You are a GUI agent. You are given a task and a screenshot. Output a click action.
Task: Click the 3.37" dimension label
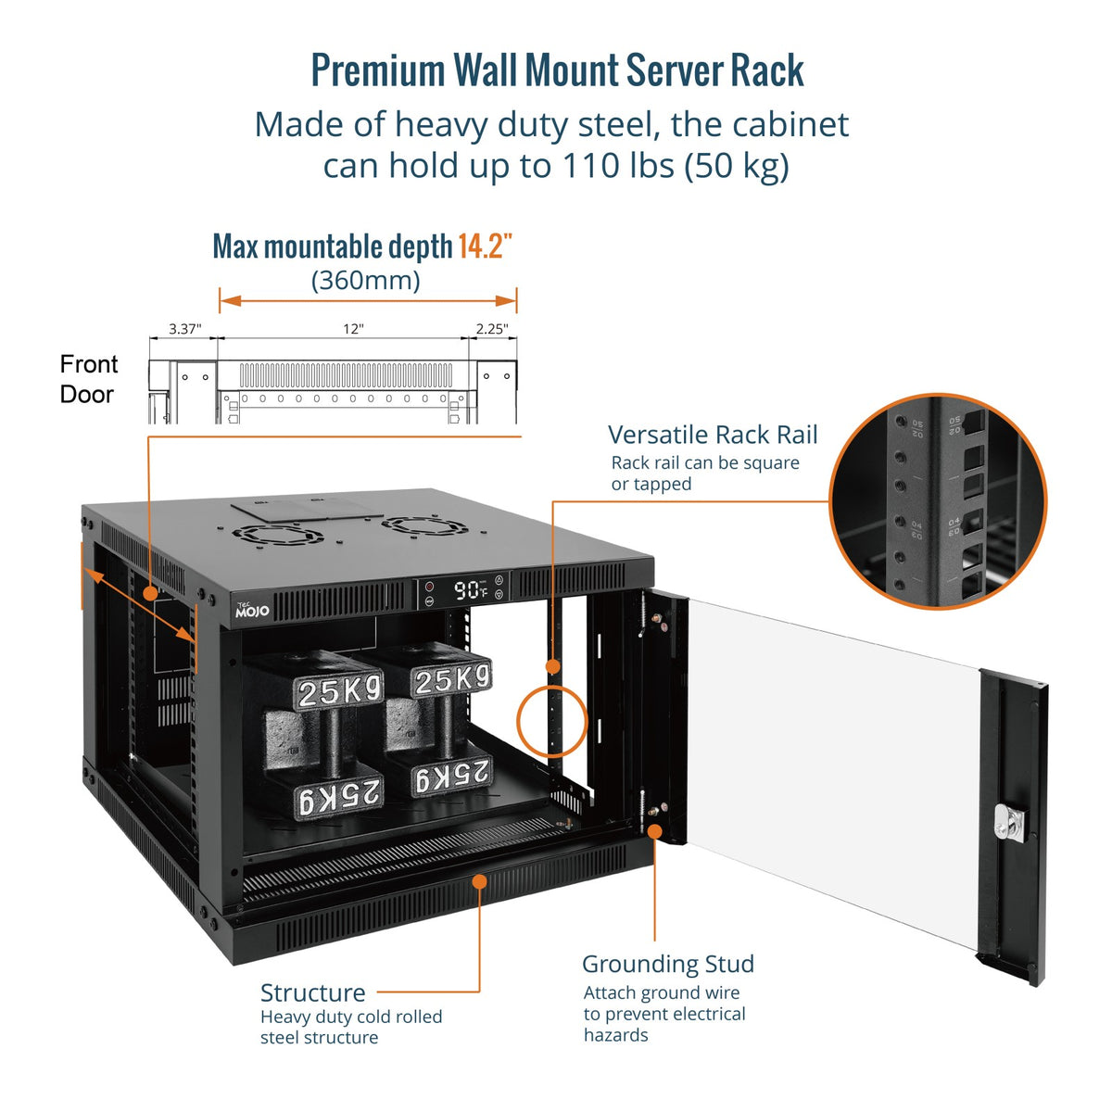[184, 329]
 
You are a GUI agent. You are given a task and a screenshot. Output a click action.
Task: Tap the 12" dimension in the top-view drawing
[353, 329]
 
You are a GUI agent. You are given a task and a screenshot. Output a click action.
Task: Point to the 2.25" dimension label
[492, 329]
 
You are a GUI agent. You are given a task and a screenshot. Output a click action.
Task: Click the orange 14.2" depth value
[485, 247]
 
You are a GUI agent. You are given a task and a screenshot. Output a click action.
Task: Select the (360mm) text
[365, 280]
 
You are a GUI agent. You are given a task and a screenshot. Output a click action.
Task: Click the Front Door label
[88, 379]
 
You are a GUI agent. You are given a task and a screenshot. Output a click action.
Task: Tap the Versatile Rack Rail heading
[713, 435]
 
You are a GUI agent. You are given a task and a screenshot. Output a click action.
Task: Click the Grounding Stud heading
[667, 964]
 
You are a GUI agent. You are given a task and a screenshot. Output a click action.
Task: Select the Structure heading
[312, 992]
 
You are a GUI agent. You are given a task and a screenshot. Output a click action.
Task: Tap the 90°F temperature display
[470, 590]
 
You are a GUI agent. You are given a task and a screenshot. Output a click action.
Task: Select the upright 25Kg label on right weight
[451, 681]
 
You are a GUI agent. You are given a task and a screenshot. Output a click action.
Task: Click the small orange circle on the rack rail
[552, 665]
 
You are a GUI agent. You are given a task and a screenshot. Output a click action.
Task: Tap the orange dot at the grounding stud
[654, 830]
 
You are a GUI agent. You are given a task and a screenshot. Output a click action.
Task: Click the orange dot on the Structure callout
[479, 880]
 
